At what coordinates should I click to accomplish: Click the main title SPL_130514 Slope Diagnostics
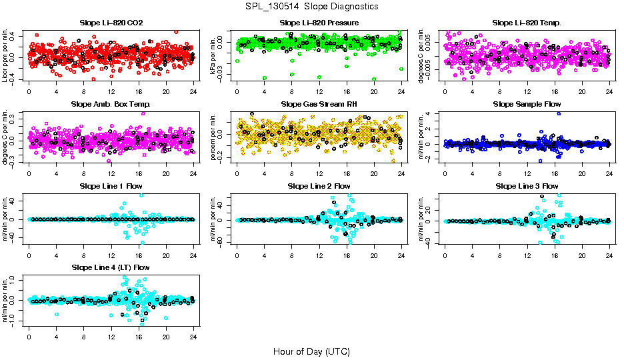[x=311, y=7]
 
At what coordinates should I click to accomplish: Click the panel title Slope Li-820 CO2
[x=111, y=23]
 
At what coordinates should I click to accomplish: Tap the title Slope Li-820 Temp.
[x=527, y=23]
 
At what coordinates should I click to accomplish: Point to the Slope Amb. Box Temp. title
[x=111, y=105]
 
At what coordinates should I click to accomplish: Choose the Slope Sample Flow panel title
[x=527, y=105]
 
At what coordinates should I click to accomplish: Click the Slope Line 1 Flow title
[x=111, y=186]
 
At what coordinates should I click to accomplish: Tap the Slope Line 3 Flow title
[x=527, y=186]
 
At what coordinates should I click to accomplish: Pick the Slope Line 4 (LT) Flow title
[x=111, y=267]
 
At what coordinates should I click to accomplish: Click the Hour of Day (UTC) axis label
[x=311, y=351]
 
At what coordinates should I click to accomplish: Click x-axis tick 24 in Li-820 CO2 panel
[x=193, y=91]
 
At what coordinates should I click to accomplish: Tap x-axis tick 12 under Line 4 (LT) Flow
[x=111, y=335]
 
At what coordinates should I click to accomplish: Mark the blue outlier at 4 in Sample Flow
[x=559, y=113]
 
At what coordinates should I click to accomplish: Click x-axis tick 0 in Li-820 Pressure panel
[x=237, y=91]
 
